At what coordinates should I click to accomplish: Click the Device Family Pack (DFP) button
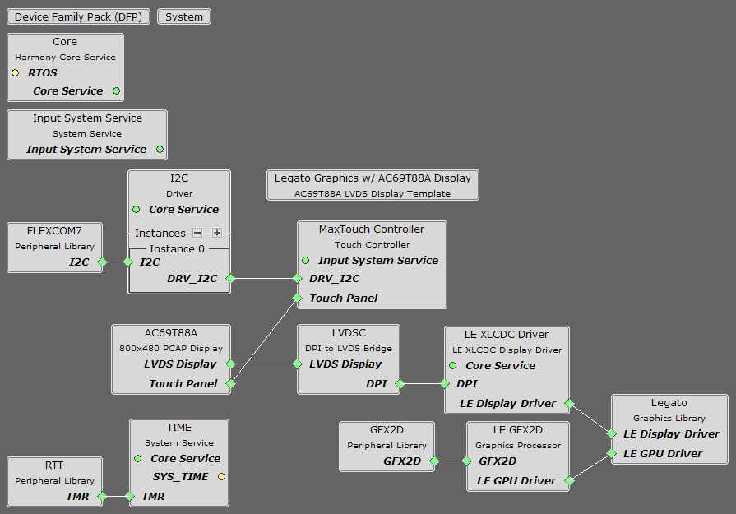(78, 16)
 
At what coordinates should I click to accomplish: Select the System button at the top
(184, 16)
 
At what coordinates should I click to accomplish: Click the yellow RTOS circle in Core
(16, 73)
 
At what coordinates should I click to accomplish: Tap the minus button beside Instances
(197, 233)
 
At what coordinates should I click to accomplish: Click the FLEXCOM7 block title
(54, 230)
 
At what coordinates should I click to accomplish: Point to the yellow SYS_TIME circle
(221, 477)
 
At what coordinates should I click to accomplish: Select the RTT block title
(54, 465)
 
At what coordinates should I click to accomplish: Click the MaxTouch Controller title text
(372, 229)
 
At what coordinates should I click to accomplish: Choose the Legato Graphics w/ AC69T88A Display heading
(373, 178)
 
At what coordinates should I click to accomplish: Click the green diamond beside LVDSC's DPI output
(400, 383)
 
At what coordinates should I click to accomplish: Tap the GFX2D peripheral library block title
(387, 429)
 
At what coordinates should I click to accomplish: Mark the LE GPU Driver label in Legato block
(663, 453)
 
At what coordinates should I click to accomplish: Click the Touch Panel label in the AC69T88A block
(183, 383)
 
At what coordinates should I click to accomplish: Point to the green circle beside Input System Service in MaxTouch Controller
(305, 260)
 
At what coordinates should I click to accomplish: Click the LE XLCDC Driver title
(506, 334)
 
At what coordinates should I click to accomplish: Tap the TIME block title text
(178, 427)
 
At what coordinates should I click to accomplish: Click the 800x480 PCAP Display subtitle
(171, 348)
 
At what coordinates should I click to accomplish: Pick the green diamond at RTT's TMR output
(102, 496)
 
